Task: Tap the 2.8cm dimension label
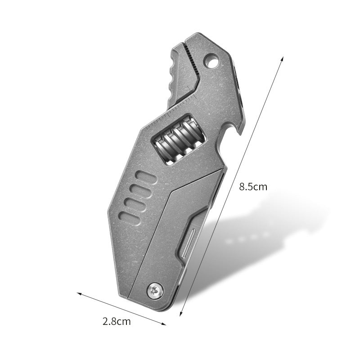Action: (x=117, y=321)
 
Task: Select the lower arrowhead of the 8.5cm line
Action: (x=181, y=315)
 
